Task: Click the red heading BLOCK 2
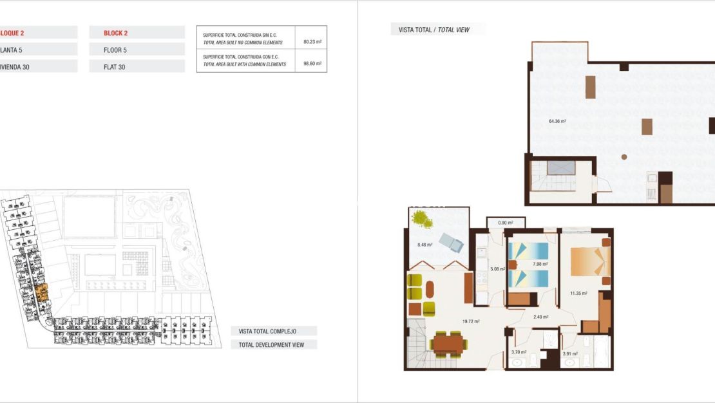click(x=116, y=33)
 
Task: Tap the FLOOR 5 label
click(x=115, y=50)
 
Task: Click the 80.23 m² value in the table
click(x=312, y=42)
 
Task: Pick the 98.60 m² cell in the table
click(x=312, y=64)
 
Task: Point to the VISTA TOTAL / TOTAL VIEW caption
click(x=434, y=30)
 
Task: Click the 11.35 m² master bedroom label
click(x=578, y=294)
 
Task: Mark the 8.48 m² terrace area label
click(x=424, y=245)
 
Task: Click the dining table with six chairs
click(x=449, y=343)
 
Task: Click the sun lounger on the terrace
click(x=451, y=243)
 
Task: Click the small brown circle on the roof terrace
click(x=624, y=156)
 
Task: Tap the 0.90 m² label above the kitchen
click(x=506, y=223)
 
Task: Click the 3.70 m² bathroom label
click(x=519, y=352)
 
